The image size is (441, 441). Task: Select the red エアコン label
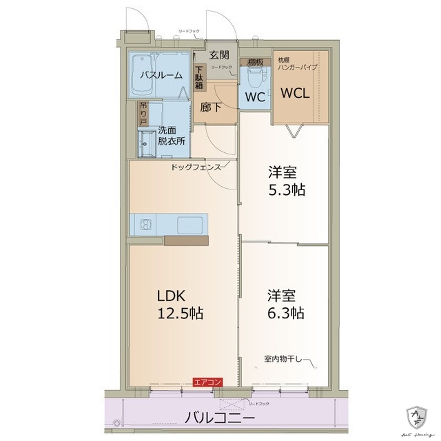pyautogui.click(x=207, y=382)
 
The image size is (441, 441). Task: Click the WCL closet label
pyautogui.click(x=295, y=92)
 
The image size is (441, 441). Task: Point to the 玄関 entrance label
pyautogui.click(x=220, y=54)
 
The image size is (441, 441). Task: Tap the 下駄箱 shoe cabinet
pyautogui.click(x=198, y=76)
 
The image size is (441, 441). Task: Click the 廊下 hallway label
pyautogui.click(x=211, y=107)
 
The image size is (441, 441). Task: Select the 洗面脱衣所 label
pyautogui.click(x=172, y=135)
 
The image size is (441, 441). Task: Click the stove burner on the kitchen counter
pyautogui.click(x=145, y=224)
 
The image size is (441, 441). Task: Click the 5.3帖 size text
pyautogui.click(x=287, y=189)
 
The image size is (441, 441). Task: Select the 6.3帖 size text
pyautogui.click(x=287, y=313)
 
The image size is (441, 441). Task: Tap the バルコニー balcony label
pyautogui.click(x=220, y=418)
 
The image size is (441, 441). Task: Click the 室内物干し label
pyautogui.click(x=285, y=358)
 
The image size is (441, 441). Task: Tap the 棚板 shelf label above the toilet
pyautogui.click(x=256, y=61)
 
